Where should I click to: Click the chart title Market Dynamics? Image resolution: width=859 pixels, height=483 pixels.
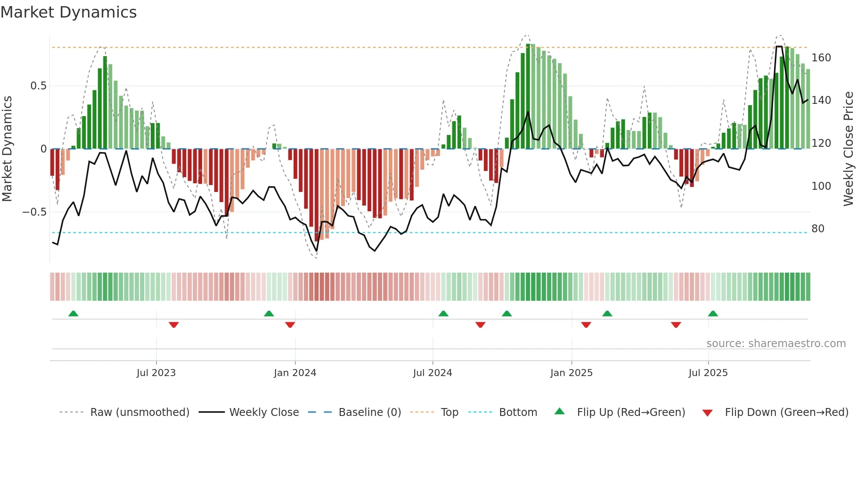point(68,12)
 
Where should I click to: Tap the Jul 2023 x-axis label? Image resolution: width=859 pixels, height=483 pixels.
point(156,373)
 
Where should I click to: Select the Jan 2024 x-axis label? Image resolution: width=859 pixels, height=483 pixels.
point(295,373)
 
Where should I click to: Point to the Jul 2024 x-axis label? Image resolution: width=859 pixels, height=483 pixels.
point(433,373)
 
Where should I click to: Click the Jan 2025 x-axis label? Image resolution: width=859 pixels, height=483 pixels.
point(571,373)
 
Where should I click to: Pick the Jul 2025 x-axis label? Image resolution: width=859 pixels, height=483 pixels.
point(708,373)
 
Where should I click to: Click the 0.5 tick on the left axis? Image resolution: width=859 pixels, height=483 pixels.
point(38,86)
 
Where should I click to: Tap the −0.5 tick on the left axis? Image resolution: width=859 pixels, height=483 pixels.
point(34,212)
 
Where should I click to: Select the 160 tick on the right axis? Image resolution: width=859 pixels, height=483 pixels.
point(821,58)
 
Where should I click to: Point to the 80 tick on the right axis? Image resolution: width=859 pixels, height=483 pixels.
point(818,229)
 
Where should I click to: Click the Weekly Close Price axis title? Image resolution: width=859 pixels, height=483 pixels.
point(849,149)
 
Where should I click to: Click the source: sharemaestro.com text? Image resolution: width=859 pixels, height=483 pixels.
point(776,344)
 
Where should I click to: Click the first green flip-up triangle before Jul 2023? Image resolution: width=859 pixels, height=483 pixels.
point(73,313)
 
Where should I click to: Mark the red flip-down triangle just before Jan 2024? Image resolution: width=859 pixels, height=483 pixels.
point(290,325)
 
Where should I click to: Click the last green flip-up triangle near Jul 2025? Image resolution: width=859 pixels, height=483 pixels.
point(713,313)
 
